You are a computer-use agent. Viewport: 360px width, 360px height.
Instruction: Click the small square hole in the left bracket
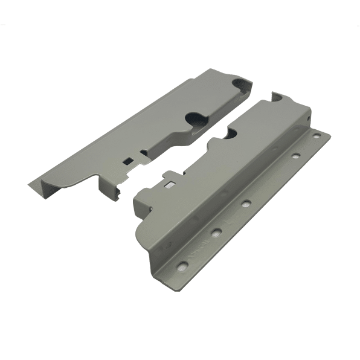pyautogui.click(x=129, y=160)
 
